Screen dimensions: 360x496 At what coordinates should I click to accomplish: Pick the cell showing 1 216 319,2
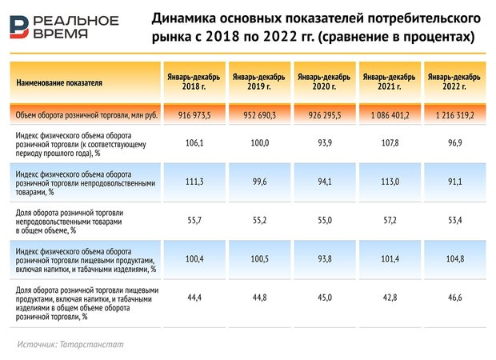point(454,115)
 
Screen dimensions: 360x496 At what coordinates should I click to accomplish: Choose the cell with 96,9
point(454,142)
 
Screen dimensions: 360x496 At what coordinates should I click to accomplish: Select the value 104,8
point(454,259)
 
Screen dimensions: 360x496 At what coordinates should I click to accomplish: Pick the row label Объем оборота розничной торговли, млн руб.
point(80,115)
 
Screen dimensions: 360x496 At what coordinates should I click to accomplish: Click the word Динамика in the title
point(183,18)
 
